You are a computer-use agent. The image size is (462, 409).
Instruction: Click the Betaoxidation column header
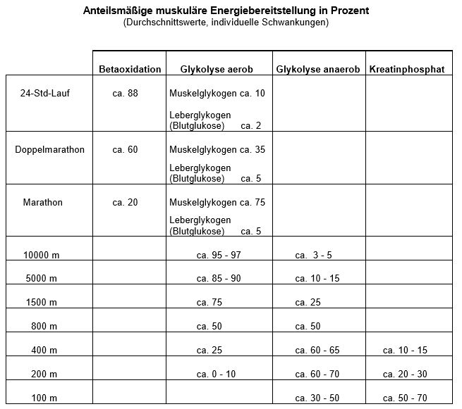click(x=130, y=69)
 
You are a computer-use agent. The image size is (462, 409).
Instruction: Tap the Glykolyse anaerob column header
click(x=318, y=69)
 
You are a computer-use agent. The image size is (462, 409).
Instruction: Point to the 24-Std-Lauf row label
click(x=44, y=94)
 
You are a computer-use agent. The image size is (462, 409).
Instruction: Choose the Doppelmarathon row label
click(x=49, y=150)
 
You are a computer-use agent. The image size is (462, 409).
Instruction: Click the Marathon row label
click(x=43, y=203)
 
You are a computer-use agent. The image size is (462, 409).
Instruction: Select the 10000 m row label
click(x=40, y=255)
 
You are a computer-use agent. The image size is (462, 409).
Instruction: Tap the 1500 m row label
click(x=40, y=303)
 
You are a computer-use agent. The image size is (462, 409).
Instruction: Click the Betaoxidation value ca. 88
click(x=126, y=94)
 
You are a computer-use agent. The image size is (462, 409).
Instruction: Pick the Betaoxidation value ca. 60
click(x=126, y=150)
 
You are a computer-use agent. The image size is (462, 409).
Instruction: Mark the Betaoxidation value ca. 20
click(x=126, y=203)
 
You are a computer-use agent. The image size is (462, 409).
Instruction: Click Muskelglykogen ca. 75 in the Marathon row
click(x=217, y=203)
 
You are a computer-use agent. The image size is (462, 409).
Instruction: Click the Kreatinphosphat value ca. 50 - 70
click(x=406, y=398)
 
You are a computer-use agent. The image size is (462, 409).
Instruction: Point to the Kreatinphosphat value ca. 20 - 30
click(x=406, y=375)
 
